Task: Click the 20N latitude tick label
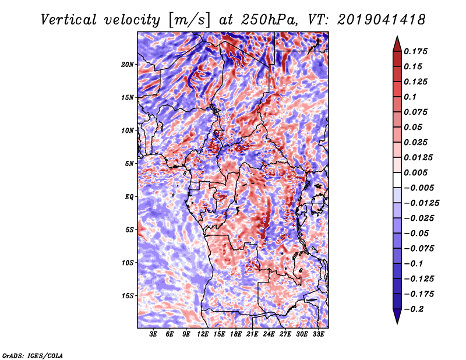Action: point(128,65)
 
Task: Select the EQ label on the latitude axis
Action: point(129,197)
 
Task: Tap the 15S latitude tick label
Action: point(128,296)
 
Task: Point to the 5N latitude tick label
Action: point(129,164)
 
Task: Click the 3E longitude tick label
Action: point(153,334)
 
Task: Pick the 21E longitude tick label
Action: point(252,334)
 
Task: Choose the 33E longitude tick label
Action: point(318,334)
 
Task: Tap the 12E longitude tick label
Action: point(202,334)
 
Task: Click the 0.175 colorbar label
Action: point(415,51)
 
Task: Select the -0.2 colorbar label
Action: point(414,309)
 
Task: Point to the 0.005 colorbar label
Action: point(415,172)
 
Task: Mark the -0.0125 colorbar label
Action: point(421,203)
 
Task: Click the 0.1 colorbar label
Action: point(410,97)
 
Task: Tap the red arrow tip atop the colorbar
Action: point(397,37)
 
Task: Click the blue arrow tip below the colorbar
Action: point(397,323)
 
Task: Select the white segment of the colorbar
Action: point(397,180)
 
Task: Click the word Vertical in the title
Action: point(69,20)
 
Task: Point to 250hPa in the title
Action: point(269,20)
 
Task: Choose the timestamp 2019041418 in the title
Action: point(381,20)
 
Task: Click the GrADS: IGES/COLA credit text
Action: point(33,355)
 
